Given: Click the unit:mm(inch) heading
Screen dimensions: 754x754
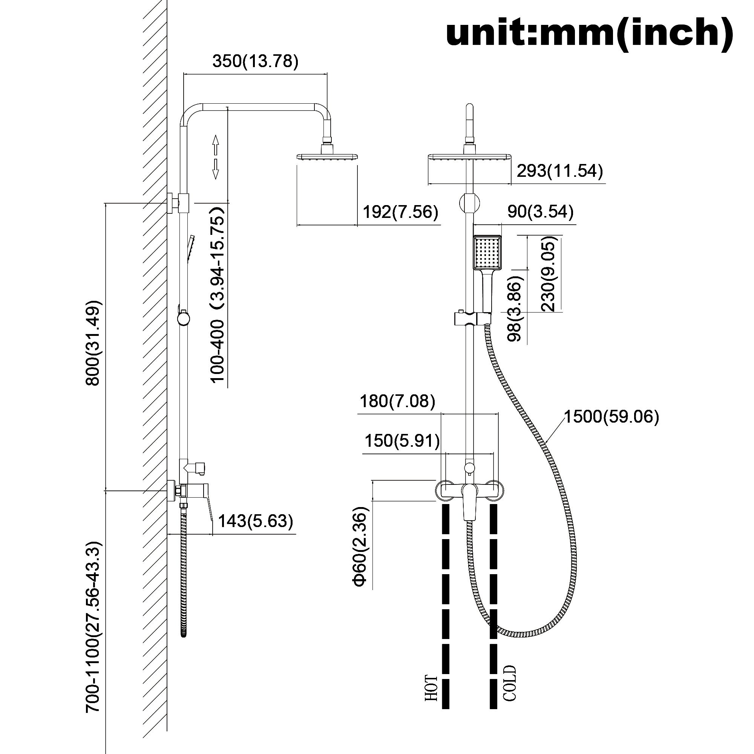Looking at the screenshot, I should pos(589,34).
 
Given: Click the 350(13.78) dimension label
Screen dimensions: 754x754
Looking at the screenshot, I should pos(255,61).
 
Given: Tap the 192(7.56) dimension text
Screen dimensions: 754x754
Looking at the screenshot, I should pos(400,212).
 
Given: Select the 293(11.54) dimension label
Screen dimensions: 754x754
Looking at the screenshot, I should pos(559,171).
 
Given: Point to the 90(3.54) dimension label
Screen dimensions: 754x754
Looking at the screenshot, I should pos(540,211).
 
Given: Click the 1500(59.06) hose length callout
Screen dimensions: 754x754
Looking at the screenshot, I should pos(611,417).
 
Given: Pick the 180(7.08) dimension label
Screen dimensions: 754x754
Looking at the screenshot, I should pos(397,401).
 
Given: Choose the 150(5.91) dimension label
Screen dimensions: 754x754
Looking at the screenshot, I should pos(402,441).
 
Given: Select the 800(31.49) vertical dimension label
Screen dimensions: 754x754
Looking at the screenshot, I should pos(93,343).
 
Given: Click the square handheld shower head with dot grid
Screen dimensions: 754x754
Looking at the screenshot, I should pos(487,253).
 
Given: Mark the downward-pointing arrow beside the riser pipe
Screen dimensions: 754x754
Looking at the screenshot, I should pos(215,169).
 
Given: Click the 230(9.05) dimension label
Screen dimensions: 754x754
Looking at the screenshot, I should pos(548,276).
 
